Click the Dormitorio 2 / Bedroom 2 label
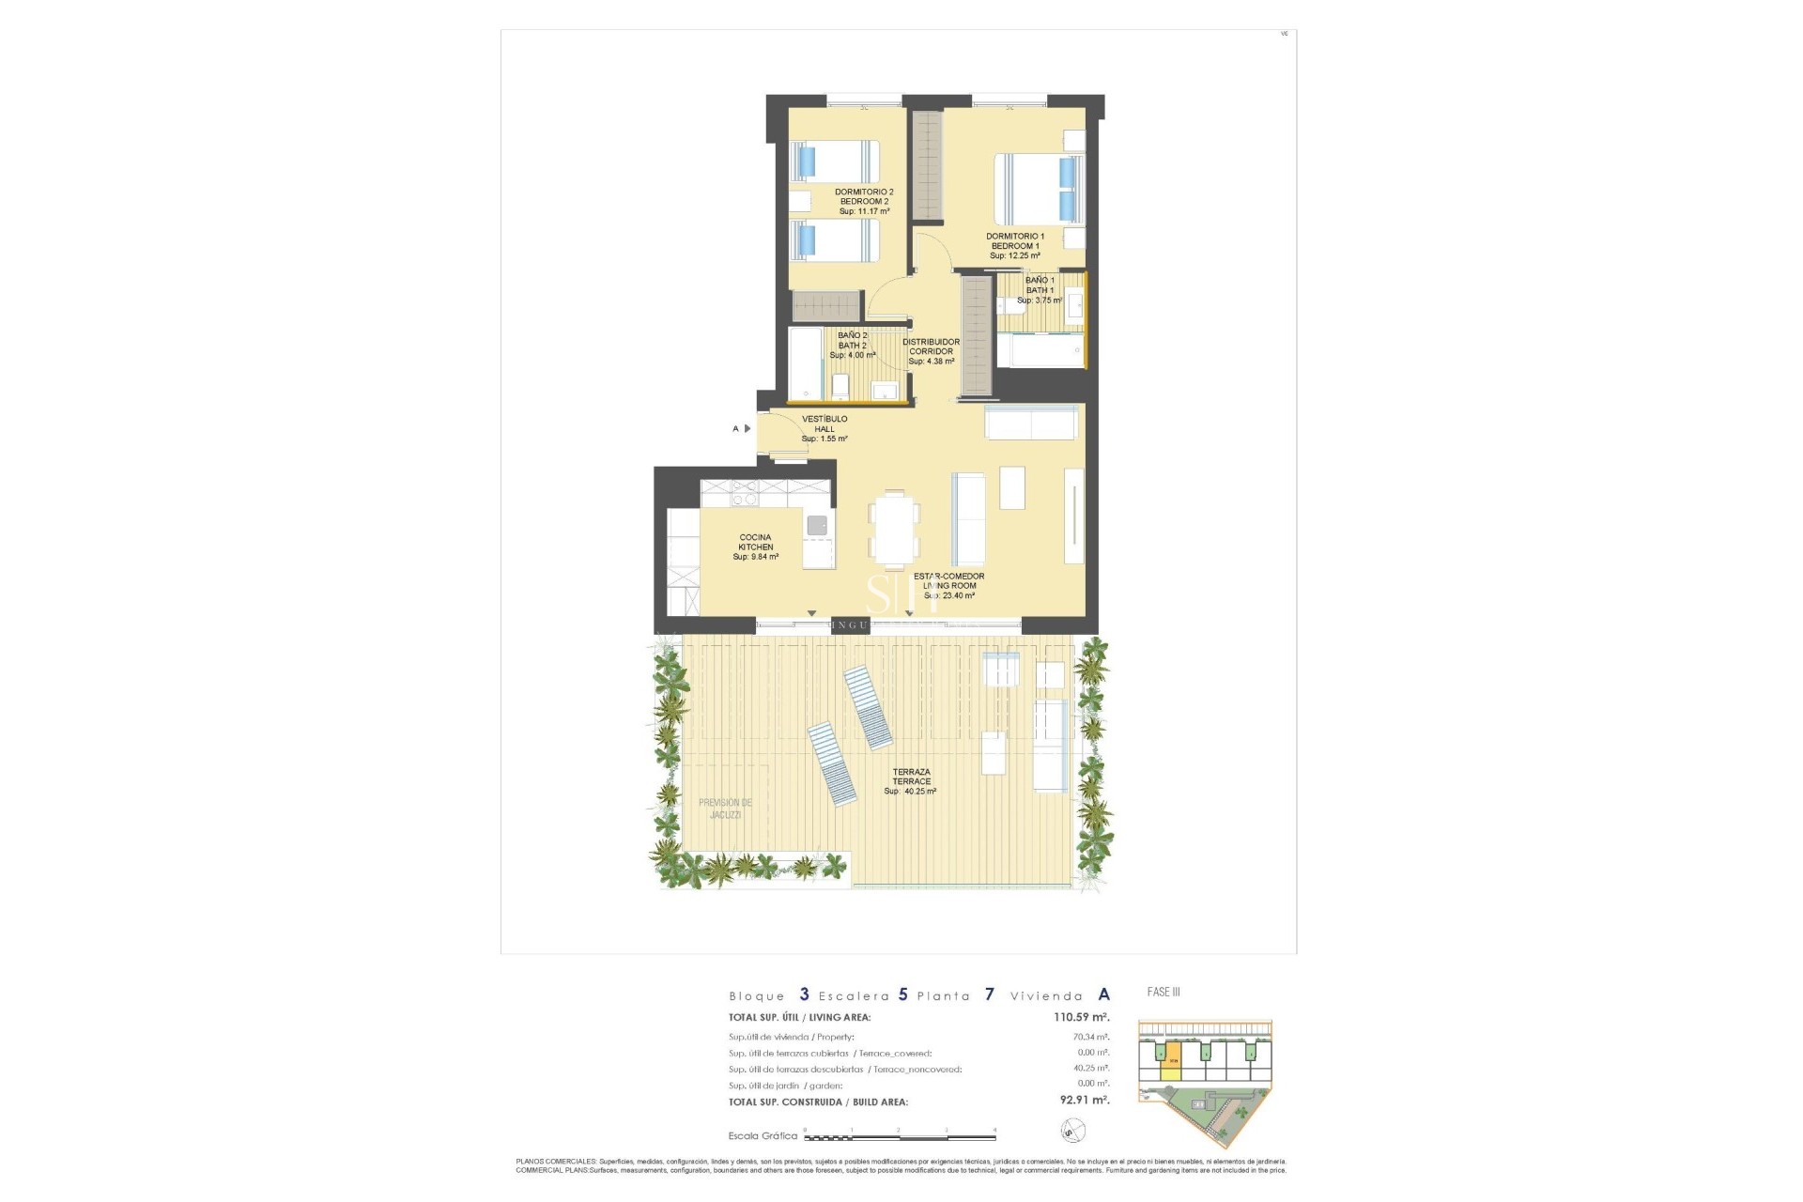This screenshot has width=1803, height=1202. [863, 201]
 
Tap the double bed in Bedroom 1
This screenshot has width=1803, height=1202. [1039, 190]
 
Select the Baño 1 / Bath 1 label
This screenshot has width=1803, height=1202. [1039, 290]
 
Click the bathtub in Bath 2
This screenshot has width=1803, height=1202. [806, 363]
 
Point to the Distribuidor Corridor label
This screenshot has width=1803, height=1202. [932, 351]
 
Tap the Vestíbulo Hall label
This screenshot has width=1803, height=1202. [824, 429]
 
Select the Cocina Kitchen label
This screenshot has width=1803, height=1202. [755, 547]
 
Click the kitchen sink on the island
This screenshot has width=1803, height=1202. [818, 525]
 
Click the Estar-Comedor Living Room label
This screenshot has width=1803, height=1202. [949, 585]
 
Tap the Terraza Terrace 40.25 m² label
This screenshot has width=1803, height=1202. [911, 781]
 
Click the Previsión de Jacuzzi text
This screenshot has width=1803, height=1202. [725, 809]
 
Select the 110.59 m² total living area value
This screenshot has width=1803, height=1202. [1081, 1017]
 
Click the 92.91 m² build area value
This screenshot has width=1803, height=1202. [1084, 1101]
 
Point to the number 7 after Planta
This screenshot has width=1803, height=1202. [989, 994]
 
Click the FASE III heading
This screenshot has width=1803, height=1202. [1163, 992]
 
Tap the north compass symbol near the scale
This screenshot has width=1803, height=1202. [1071, 1131]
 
